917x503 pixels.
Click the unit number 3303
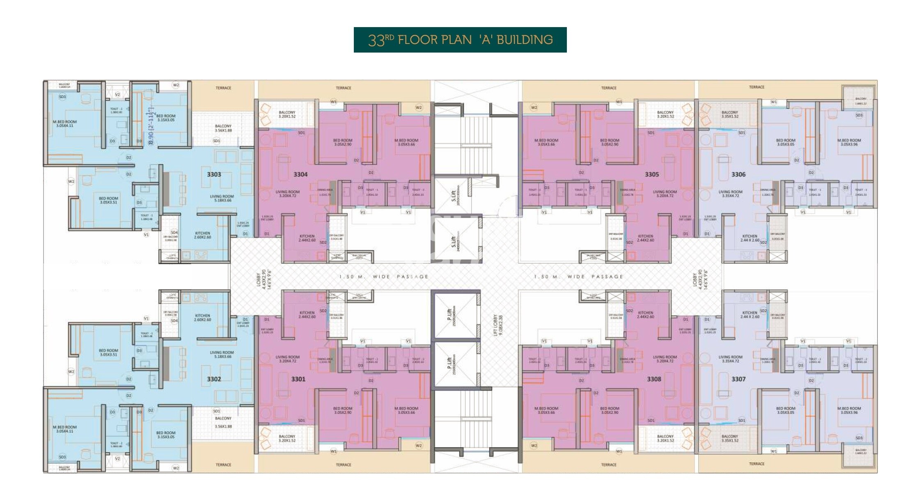point(214,175)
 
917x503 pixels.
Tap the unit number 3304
point(300,175)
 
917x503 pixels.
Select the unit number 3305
point(652,175)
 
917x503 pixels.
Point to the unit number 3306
point(738,175)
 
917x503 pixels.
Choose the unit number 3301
point(298,379)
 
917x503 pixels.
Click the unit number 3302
point(214,379)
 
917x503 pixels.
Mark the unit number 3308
point(654,379)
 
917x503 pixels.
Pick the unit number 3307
point(738,379)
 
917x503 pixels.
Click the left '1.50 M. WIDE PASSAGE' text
point(384,277)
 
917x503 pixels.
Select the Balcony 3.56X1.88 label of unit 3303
point(223,129)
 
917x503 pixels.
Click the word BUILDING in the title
point(525,40)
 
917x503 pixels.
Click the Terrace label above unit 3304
point(344,88)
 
